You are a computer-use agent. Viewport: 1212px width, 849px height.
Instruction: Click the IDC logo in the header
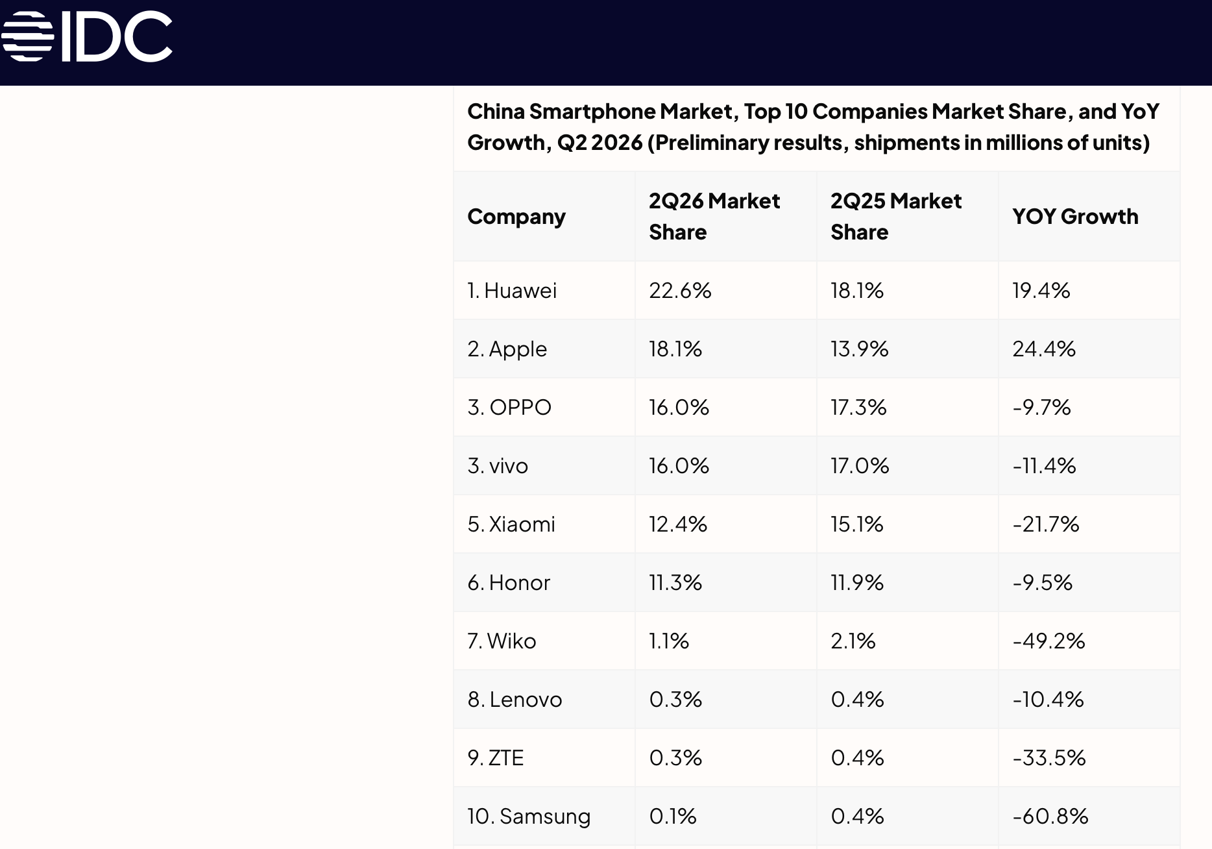coord(87,36)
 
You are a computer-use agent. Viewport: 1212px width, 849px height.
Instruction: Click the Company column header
coord(516,217)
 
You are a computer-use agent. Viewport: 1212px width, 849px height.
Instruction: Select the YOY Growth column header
coord(1075,216)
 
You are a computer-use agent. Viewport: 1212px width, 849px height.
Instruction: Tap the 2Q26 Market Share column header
coord(714,216)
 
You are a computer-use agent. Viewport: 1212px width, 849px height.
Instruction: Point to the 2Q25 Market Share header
coord(896,216)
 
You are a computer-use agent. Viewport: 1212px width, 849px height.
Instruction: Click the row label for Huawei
coord(512,290)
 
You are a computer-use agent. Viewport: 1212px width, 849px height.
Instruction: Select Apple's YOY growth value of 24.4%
coord(1044,349)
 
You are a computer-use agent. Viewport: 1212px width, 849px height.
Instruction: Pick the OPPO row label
coord(509,407)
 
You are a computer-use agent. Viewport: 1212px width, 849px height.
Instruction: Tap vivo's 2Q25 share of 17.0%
coord(860,465)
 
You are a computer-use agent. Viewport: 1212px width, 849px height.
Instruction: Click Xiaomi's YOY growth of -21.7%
coord(1046,524)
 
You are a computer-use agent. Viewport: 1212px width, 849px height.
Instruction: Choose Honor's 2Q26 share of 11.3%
coord(675,582)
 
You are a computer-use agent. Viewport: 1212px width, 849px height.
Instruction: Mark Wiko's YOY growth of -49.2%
coord(1048,641)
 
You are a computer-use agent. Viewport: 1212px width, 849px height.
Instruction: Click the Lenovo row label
coord(515,699)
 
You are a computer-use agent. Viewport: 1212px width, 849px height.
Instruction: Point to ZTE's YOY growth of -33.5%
coord(1049,757)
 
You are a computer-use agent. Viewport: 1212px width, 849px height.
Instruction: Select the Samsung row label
coord(529,816)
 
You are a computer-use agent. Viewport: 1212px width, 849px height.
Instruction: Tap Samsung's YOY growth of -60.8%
coord(1050,816)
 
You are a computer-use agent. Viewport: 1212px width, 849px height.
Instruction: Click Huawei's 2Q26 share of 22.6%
coord(680,290)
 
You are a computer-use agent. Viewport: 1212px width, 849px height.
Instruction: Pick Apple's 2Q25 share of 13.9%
coord(860,349)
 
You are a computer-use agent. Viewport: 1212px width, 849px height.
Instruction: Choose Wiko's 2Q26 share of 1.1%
coord(669,641)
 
